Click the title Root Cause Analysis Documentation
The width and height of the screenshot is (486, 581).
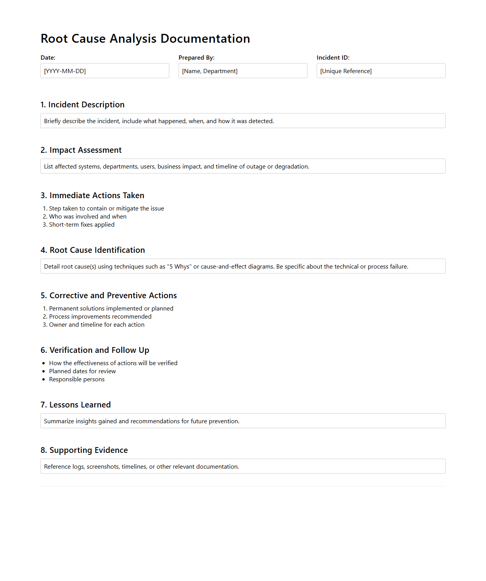[x=145, y=38]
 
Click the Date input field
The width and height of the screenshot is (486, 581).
[x=105, y=71]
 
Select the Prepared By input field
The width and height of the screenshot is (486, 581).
[x=243, y=71]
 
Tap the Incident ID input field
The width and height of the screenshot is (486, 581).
[x=381, y=71]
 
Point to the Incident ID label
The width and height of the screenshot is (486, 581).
[x=333, y=58]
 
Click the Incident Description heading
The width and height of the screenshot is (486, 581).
[x=82, y=105]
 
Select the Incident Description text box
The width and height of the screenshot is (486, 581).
[x=243, y=121]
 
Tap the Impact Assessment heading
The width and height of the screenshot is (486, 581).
[x=81, y=150]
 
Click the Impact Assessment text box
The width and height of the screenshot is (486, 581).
[x=243, y=166]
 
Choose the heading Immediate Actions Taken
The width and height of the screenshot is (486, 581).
[x=92, y=195]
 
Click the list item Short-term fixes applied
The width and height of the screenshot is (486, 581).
[x=82, y=225]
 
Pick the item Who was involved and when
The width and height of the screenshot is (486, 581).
[x=88, y=217]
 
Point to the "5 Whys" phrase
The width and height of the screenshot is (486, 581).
[x=179, y=266]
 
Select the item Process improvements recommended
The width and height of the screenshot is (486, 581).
[x=100, y=317]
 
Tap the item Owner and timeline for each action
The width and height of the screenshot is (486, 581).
[x=97, y=325]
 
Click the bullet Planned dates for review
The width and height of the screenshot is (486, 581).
[x=82, y=371]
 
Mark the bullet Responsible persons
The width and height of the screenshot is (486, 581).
[x=77, y=379]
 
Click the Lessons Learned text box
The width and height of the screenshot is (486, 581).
[x=243, y=421]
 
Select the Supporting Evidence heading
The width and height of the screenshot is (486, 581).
[x=84, y=450]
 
